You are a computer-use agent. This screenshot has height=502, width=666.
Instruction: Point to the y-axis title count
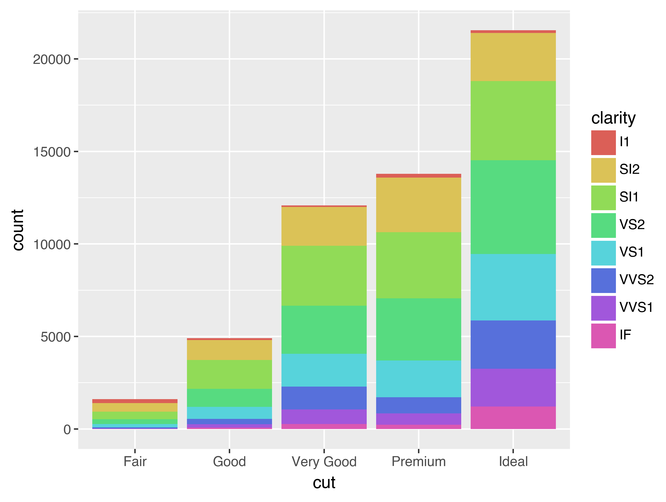18,230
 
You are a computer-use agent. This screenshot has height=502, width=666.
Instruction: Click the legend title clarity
613,118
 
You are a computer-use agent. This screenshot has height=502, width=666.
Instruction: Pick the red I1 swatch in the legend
603,143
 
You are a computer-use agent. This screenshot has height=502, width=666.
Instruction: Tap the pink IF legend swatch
603,336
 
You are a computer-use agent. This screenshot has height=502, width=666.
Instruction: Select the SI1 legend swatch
603,198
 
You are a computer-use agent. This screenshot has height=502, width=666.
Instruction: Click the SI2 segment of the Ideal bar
513,57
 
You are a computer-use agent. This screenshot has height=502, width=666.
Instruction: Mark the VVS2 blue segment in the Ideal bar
513,345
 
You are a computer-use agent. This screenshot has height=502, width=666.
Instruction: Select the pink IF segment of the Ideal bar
513,418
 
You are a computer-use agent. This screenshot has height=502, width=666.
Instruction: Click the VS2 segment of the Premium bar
419,329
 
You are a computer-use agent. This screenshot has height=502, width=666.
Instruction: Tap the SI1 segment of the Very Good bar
324,276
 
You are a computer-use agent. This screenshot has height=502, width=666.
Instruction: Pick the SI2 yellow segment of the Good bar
229,350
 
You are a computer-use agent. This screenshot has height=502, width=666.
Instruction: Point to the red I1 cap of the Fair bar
135,401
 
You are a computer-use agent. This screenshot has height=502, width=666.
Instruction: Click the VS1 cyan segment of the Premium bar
419,379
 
